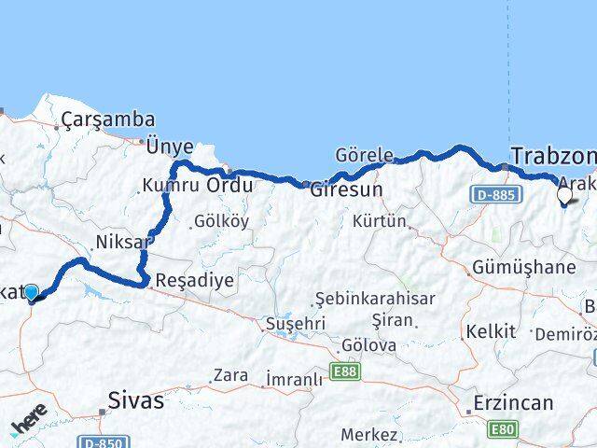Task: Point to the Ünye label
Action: [x=170, y=147]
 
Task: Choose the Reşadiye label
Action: [x=195, y=279]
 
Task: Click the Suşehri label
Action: [x=296, y=323]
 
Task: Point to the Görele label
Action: [x=365, y=155]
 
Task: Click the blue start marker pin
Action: [x=32, y=292]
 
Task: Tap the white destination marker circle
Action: [x=564, y=196]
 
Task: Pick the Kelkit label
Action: [x=491, y=331]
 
